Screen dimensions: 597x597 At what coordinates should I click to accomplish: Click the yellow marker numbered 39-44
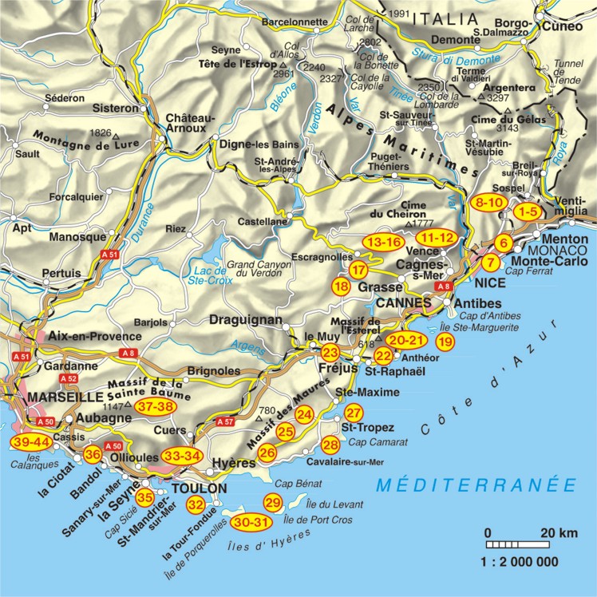click(30, 441)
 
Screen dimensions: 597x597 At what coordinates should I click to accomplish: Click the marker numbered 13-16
click(383, 241)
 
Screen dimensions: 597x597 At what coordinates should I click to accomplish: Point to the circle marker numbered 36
click(93, 455)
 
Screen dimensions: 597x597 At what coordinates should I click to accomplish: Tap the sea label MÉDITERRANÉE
click(476, 484)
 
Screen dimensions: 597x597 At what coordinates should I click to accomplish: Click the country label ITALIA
click(450, 18)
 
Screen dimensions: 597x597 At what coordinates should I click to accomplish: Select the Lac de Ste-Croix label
click(209, 275)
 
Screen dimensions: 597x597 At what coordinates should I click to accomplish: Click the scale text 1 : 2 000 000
click(519, 562)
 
